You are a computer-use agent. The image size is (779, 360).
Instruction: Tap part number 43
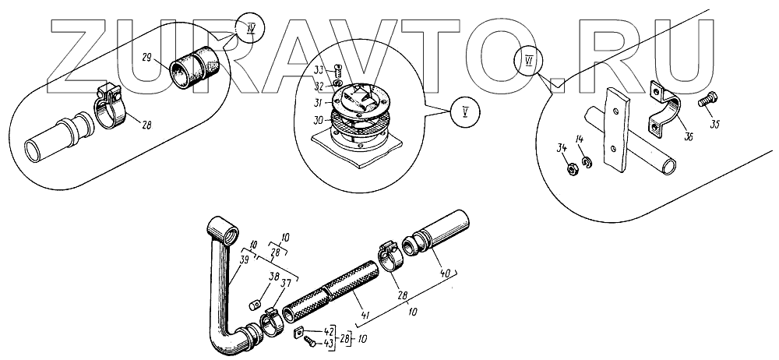[330, 342]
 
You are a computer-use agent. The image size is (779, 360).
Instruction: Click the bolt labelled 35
[708, 101]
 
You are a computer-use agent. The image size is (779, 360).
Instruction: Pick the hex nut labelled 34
[569, 166]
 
